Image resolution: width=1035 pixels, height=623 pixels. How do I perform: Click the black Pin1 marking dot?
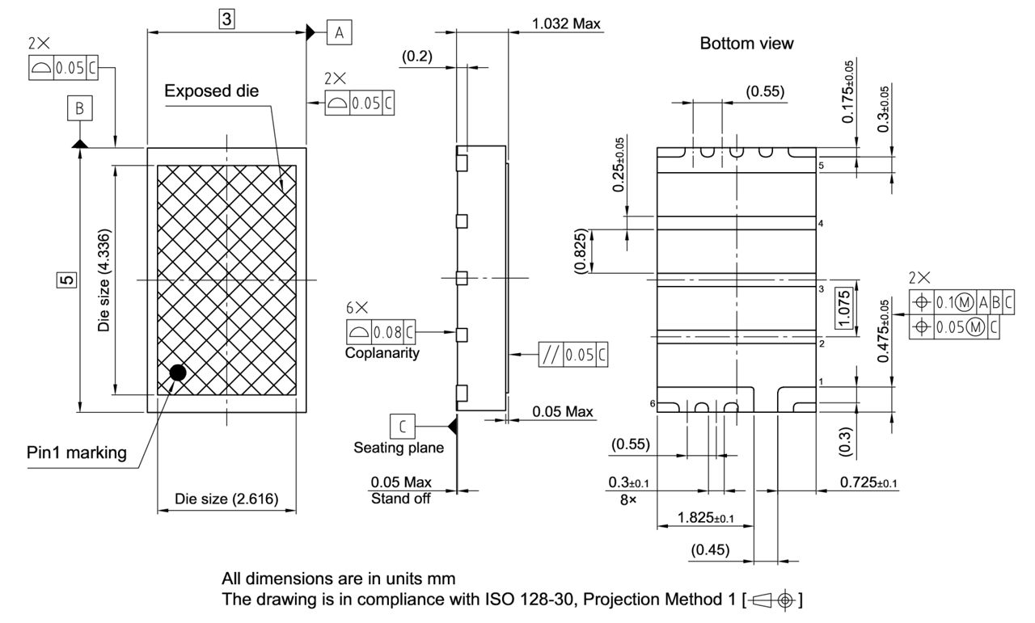tap(177, 373)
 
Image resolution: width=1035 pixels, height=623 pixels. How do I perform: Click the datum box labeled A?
tap(339, 32)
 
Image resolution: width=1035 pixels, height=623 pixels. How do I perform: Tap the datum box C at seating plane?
tap(402, 425)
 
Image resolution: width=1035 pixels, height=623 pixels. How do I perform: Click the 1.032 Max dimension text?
tap(566, 23)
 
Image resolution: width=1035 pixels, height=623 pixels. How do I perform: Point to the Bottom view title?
tap(746, 44)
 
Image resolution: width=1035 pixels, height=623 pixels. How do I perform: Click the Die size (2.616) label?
tap(226, 499)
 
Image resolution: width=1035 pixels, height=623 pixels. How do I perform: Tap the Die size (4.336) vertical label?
tap(103, 280)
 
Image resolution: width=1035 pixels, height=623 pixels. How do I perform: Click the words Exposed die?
tap(211, 91)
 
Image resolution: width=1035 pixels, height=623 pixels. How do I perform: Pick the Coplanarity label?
tap(382, 353)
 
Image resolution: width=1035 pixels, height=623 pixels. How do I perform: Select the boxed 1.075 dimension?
tap(844, 309)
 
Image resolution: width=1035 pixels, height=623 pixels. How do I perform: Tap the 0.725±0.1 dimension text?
tap(869, 482)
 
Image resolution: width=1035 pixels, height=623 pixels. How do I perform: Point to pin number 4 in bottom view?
tap(820, 223)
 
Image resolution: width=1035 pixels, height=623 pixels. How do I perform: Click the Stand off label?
tap(400, 499)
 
